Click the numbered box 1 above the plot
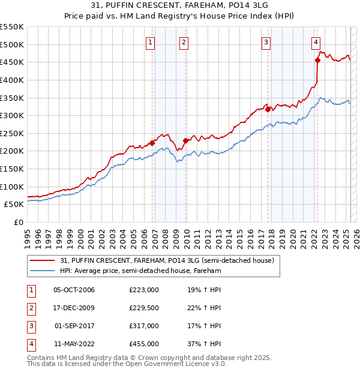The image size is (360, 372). coord(149,42)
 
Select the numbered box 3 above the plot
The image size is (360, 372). coord(265,42)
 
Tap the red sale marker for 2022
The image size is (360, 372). coord(317,60)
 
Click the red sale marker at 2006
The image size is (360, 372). coord(152,143)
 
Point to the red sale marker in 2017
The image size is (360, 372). coord(268,109)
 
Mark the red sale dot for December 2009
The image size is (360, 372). coord(186,140)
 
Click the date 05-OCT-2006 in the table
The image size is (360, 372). coord(74,290)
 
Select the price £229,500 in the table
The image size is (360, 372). coord(144,308)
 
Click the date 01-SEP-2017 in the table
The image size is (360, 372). coord(74,326)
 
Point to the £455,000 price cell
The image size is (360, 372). coord(144,344)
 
